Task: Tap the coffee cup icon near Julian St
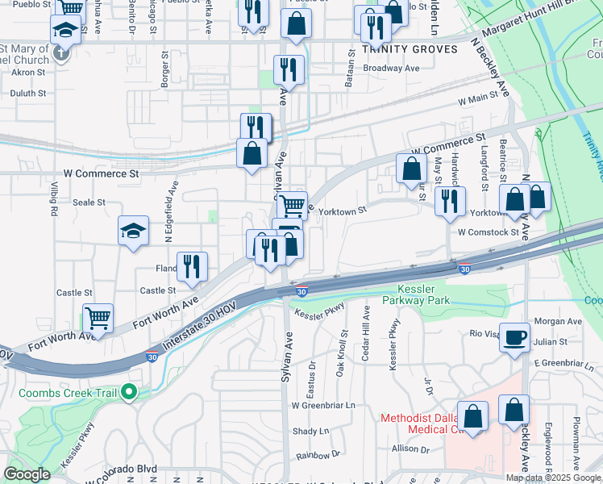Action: [515, 339]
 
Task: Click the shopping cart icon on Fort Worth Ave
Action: [98, 318]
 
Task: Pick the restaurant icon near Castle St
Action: [192, 266]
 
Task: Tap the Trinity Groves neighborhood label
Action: [410, 49]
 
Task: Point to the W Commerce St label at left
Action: [101, 173]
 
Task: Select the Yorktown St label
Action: [343, 211]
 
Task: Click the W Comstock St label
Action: [489, 232]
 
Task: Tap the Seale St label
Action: [89, 202]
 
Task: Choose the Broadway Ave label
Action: [392, 69]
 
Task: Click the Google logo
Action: [27, 474]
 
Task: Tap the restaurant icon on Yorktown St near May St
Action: [449, 200]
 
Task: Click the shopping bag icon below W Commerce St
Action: [412, 169]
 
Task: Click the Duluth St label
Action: [29, 94]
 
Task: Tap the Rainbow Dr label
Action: [318, 455]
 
